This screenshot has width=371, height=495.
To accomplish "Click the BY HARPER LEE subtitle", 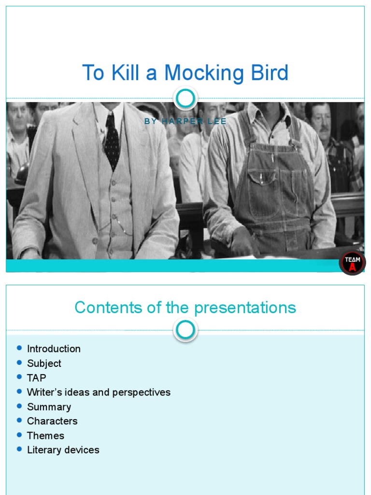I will [185, 121].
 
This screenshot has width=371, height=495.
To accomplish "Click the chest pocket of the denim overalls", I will [261, 181].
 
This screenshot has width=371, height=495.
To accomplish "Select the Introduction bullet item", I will [54, 349].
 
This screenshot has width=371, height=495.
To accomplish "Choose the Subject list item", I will [44, 363].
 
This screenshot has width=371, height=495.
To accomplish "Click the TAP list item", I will [37, 378].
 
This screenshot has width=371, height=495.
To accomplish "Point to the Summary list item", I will [49, 407].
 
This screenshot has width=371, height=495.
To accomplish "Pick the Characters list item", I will [52, 421].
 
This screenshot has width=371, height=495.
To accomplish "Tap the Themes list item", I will [45, 436].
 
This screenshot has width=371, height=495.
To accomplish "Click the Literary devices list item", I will [63, 450].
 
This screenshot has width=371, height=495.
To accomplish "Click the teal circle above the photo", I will [185, 99].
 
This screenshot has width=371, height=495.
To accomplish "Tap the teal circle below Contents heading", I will [185, 331].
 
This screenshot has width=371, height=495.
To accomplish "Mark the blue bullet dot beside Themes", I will [19, 435].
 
